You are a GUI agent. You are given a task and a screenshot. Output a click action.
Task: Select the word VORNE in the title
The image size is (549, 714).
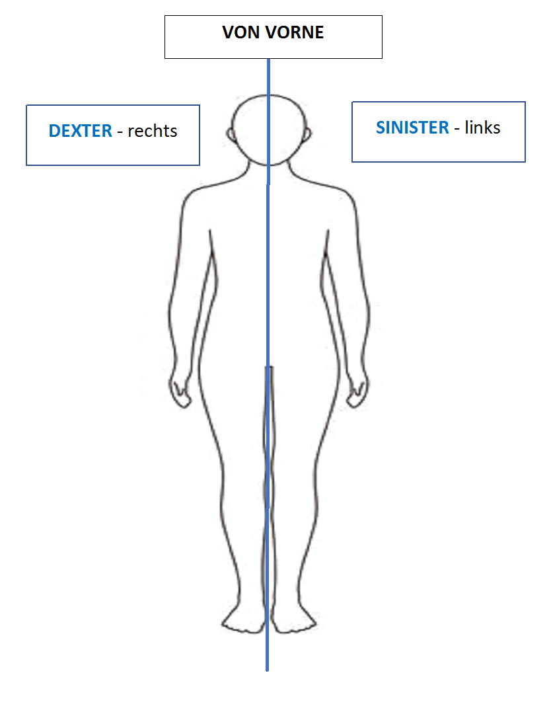point(294,33)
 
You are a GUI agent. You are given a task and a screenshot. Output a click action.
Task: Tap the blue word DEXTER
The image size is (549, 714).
point(80,131)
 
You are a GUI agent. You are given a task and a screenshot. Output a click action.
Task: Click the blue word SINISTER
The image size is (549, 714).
point(412,128)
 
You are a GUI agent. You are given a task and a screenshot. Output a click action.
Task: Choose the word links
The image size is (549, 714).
point(482,128)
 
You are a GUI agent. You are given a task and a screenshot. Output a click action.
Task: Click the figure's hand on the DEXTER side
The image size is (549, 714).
point(179,391)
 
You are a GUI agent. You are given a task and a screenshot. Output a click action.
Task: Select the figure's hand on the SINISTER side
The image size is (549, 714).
point(357,391)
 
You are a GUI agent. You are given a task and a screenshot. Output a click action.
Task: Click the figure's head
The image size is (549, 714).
point(269,129)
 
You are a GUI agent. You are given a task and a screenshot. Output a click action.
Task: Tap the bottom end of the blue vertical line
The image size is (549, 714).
point(267,669)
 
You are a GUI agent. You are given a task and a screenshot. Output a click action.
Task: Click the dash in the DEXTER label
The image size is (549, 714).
point(120,132)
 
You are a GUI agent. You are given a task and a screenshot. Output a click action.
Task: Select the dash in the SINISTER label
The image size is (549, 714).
point(457,128)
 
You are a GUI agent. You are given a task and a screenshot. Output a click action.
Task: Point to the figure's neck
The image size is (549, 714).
point(269,173)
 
